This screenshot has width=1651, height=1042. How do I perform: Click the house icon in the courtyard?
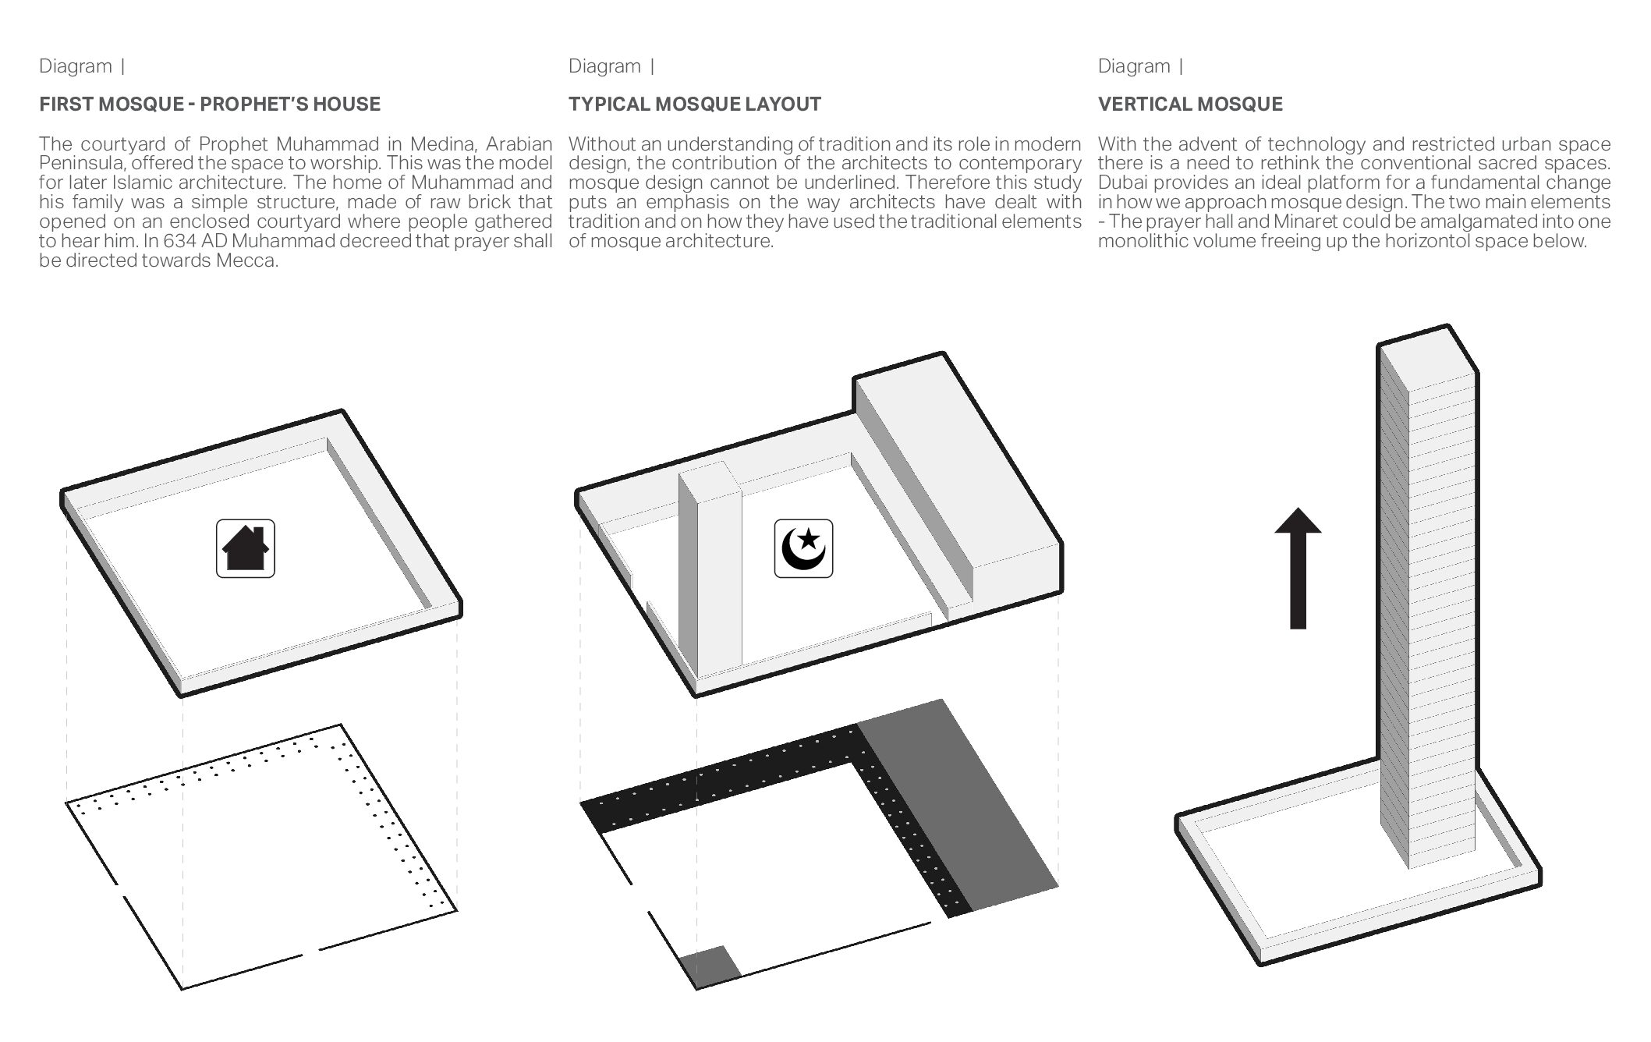point(246,548)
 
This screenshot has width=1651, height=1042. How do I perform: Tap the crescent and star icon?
point(803,549)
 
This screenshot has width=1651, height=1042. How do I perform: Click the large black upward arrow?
point(1298,568)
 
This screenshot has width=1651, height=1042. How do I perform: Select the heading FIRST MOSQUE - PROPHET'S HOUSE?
point(210,105)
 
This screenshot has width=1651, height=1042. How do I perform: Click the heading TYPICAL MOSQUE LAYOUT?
point(695,105)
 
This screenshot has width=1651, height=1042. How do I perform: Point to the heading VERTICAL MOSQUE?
point(1190,105)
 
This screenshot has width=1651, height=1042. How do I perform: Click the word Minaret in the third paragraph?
point(1305,222)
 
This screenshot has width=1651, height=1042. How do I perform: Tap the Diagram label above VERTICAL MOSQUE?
point(1134,66)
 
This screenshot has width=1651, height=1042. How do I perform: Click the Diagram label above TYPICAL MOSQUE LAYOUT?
point(604,66)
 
